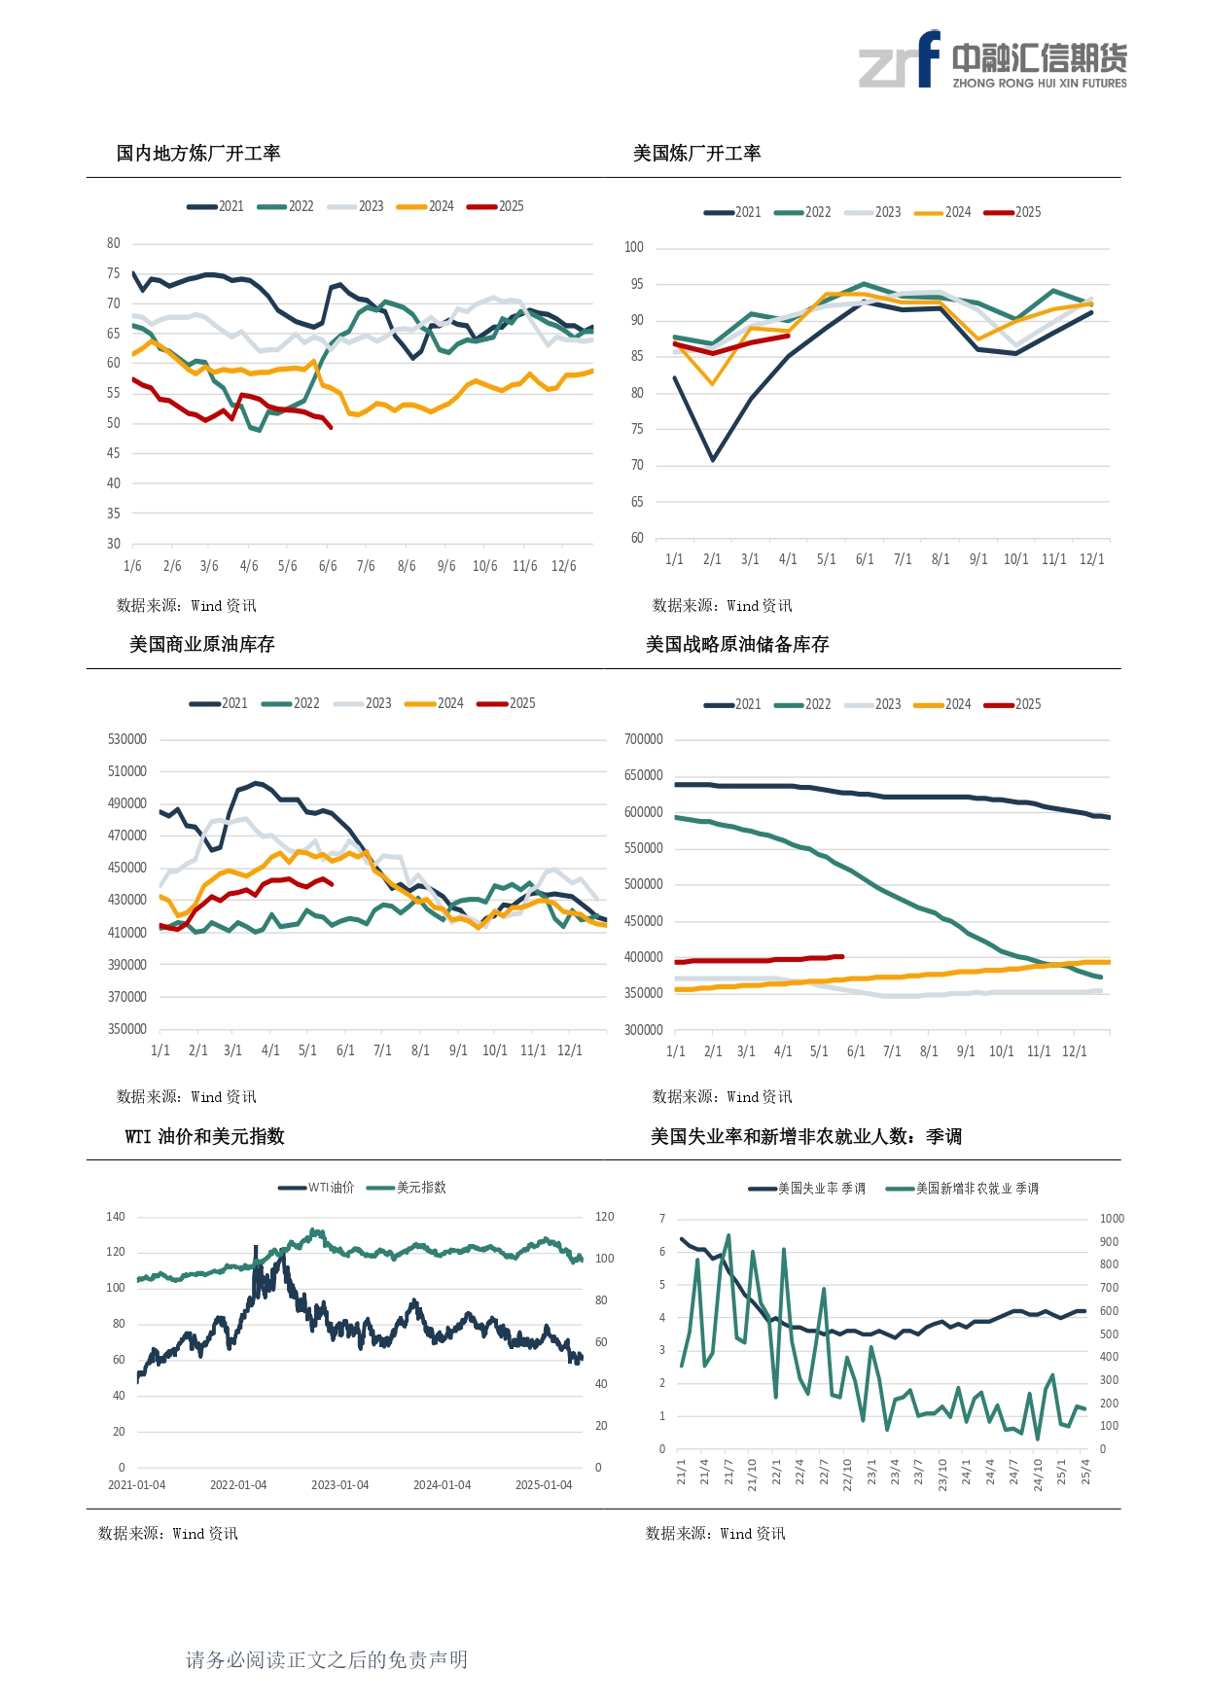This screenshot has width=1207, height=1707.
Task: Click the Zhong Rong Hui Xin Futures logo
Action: tap(992, 60)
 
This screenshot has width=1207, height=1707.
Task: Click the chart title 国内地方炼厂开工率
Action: tap(198, 153)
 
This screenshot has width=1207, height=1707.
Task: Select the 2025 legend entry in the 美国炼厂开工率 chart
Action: tap(1013, 212)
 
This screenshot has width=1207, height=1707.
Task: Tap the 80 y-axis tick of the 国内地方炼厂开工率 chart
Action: tap(114, 243)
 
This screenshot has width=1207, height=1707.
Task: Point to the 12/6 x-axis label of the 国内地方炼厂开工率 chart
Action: tap(563, 566)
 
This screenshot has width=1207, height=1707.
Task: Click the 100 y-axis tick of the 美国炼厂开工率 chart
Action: tap(634, 247)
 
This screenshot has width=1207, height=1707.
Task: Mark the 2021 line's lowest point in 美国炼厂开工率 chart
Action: tap(713, 459)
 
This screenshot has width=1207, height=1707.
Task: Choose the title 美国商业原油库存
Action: tap(202, 644)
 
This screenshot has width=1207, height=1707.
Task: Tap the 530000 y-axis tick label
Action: tap(127, 739)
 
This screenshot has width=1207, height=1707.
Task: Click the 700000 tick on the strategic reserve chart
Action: tap(643, 739)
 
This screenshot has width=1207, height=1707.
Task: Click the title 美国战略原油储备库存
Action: tap(737, 644)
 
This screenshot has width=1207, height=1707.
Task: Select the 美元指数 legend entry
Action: tap(408, 1188)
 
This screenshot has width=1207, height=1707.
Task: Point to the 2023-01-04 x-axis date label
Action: tap(339, 1485)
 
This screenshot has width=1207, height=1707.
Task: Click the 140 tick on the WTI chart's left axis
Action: tap(116, 1217)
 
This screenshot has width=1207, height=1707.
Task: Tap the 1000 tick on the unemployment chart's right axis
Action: tap(1112, 1219)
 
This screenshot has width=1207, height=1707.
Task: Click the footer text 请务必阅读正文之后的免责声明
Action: tap(327, 1659)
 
